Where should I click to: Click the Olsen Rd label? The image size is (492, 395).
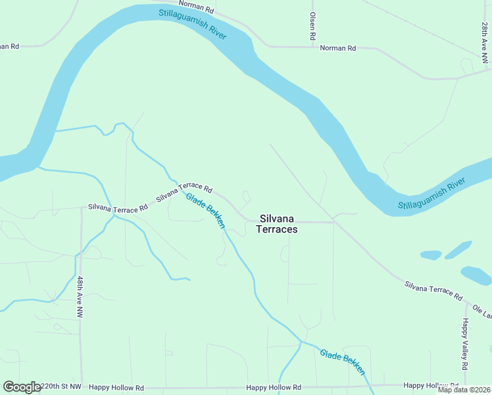coord(313,26)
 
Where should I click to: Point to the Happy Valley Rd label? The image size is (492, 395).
coord(464,343)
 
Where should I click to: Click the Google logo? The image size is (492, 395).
coord(22,387)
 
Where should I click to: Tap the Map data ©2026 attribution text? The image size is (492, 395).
coord(464,390)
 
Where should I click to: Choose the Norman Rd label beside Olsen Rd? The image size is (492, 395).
coord(337,48)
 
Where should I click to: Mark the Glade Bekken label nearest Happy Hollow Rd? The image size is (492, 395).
coord(343,362)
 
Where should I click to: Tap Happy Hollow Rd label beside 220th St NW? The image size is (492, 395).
coord(116,388)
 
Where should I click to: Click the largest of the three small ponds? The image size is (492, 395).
coord(476,275)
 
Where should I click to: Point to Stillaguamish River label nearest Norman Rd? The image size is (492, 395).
coord(193,24)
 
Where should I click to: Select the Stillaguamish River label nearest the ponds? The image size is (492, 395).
coord(431,196)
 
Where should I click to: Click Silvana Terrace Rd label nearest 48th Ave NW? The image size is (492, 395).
coord(118,208)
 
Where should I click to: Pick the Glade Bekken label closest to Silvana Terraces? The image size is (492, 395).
coord(205,211)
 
